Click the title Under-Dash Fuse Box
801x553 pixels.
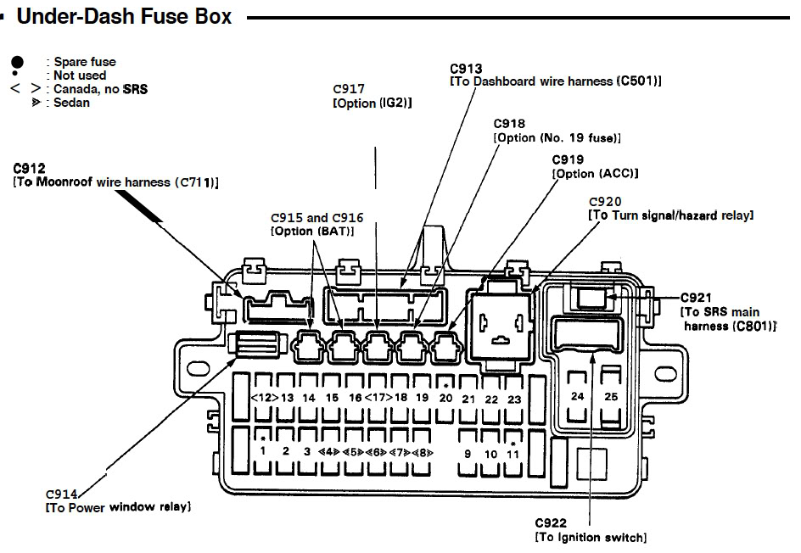click(x=124, y=16)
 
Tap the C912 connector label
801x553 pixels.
click(x=29, y=168)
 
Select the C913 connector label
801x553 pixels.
click(x=466, y=69)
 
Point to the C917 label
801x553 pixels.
click(x=349, y=89)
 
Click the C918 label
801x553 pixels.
click(x=509, y=124)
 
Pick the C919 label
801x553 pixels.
click(x=568, y=159)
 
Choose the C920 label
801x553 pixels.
click(x=605, y=202)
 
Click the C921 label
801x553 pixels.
click(x=696, y=298)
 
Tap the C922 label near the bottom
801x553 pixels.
click(x=551, y=522)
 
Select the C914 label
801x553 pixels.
click(x=62, y=494)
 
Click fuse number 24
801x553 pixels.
click(x=577, y=396)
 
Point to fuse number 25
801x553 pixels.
click(x=611, y=397)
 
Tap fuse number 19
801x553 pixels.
click(x=422, y=397)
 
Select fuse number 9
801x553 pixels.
click(x=468, y=454)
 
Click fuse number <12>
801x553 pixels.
click(x=265, y=397)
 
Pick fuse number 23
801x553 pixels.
click(x=514, y=399)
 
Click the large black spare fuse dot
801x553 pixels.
click(x=17, y=62)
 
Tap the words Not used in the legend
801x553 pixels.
click(x=80, y=75)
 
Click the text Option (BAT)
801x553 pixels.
click(x=312, y=232)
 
